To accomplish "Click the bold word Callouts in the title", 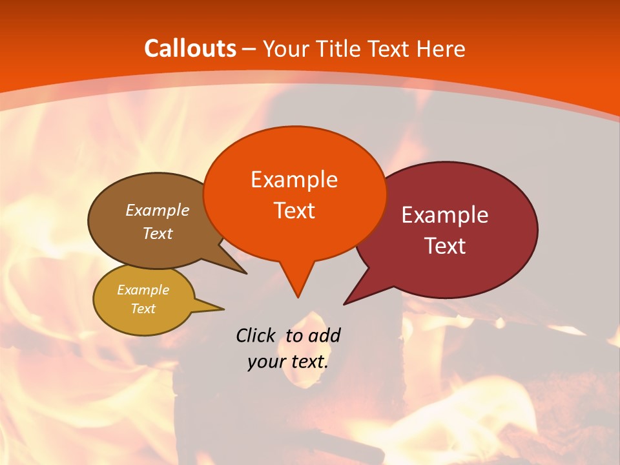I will (190, 48).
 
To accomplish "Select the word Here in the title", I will (442, 48).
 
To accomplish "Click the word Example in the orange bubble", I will (294, 180).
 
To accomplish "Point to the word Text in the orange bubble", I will (294, 211).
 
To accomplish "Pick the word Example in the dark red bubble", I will (445, 215).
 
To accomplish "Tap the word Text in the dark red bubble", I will (445, 246).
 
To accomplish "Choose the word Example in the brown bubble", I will (158, 211).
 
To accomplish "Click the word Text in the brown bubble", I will (158, 233).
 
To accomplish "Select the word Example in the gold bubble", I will (143, 290).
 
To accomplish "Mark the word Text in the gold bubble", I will (143, 309).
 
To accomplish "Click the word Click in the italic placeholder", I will (256, 335).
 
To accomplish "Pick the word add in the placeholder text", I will (324, 335).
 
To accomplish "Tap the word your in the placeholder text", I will (265, 362).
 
